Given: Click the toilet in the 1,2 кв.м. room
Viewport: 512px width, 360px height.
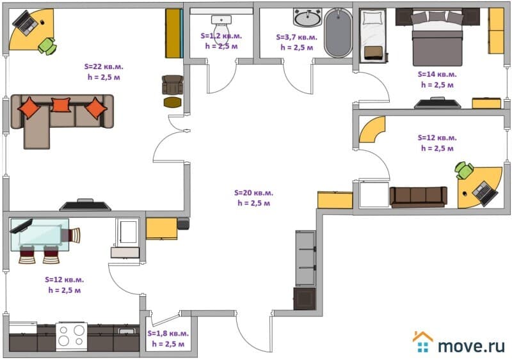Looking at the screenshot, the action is (221, 27).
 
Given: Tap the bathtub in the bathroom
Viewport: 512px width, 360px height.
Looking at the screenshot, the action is (339, 33).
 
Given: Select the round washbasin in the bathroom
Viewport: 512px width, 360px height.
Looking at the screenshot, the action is (307, 18).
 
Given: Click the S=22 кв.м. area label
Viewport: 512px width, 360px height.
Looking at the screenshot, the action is (104, 67).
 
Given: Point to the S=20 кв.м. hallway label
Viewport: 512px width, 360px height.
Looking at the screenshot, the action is (253, 192).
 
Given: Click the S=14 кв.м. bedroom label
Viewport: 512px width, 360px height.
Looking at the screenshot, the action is (437, 74).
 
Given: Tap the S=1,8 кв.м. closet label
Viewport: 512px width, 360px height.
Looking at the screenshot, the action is (168, 333).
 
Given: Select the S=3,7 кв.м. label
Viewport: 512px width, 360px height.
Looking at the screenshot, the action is (296, 37).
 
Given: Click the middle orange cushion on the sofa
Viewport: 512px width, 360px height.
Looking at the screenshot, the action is (61, 105).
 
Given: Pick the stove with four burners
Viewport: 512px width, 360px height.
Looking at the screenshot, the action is (72, 336).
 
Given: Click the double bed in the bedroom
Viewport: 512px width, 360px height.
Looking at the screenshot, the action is (438, 37).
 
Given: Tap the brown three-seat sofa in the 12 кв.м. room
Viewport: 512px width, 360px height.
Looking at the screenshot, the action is (419, 197).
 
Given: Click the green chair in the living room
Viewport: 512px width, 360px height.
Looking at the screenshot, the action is (47, 46).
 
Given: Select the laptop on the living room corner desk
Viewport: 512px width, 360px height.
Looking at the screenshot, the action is (25, 22).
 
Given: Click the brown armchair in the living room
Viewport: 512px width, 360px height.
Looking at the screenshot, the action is (172, 85).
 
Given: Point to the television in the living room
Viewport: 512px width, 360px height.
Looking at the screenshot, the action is (86, 205).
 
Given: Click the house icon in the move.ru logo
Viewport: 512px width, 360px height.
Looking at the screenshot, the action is (423, 341).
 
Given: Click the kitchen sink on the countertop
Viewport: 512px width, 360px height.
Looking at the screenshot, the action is (126, 331).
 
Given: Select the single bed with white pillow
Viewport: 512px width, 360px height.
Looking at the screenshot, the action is (373, 35).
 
